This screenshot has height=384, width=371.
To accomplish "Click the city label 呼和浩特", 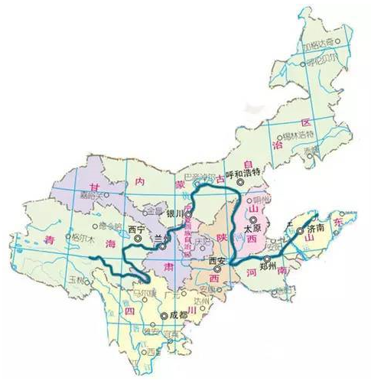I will [243, 174].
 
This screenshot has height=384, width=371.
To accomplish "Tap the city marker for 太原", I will [247, 218].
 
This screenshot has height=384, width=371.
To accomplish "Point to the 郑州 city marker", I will [267, 259].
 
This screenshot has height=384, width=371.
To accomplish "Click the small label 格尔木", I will [80, 237].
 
